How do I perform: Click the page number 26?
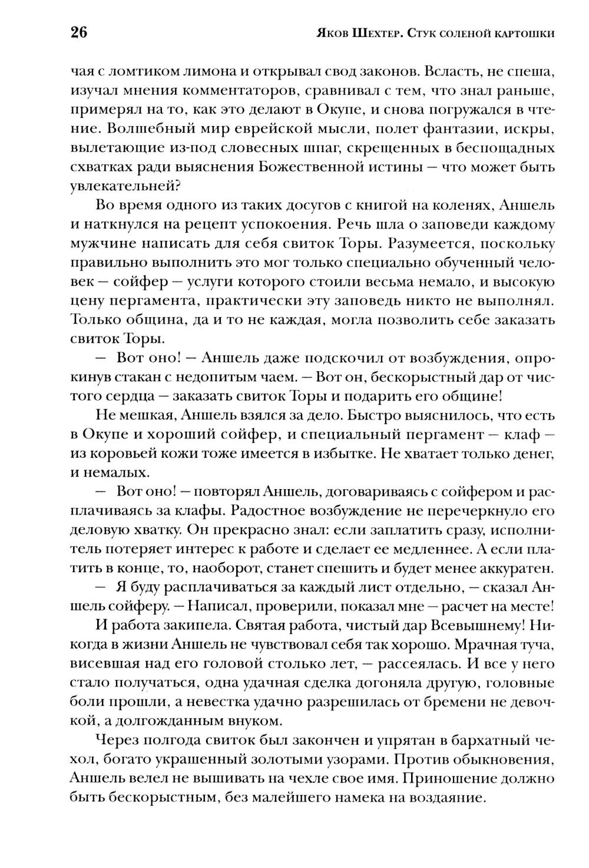click(79, 32)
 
